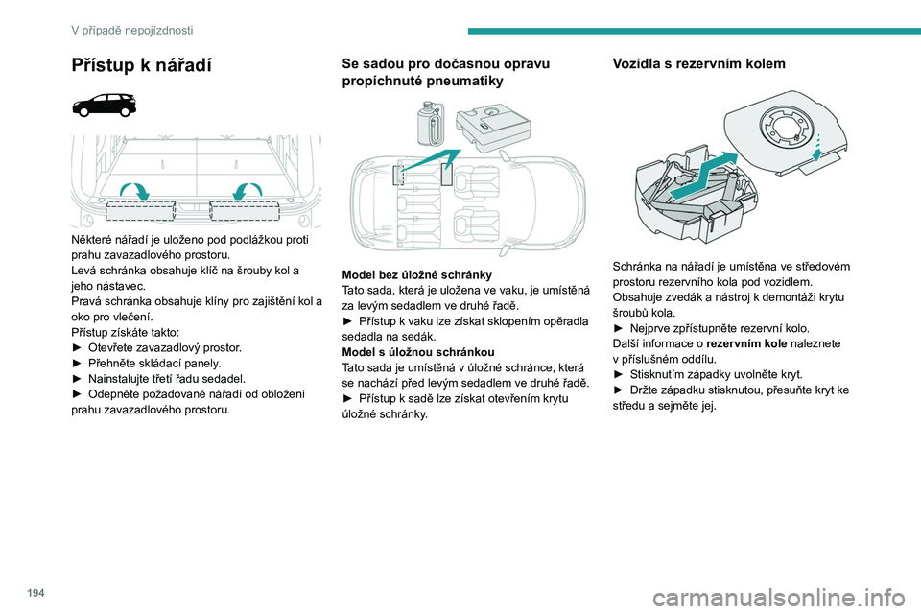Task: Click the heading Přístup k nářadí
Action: coord(141,65)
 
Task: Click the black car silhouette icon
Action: coord(105,106)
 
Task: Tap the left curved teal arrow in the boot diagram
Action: coord(134,190)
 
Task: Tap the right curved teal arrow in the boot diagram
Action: coord(248,190)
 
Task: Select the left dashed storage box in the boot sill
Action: coord(140,211)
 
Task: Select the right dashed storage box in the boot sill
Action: coord(245,211)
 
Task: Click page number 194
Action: coord(35,593)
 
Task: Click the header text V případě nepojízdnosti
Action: coord(131,30)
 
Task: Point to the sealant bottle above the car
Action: coord(431,124)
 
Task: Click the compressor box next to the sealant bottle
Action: coord(493,127)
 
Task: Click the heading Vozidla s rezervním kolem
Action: coord(698,63)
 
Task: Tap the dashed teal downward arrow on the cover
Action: coord(816,146)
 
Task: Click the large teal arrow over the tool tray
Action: coord(703,175)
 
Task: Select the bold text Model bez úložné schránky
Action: coord(416,275)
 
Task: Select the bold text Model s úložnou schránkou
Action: coord(418,352)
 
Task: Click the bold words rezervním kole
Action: coord(746,343)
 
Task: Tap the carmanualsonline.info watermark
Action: coord(779,599)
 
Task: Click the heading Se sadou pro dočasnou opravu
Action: coord(446,63)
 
